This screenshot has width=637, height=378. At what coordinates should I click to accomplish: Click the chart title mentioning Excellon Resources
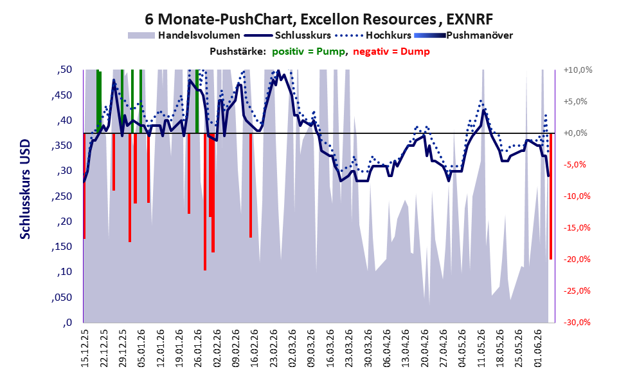(319, 19)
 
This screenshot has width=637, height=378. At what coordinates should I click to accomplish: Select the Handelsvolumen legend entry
(184, 35)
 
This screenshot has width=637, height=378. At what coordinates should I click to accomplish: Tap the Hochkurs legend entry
(373, 35)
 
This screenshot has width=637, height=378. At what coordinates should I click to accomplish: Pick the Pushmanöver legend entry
(463, 35)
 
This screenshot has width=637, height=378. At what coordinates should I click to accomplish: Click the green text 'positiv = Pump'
(309, 52)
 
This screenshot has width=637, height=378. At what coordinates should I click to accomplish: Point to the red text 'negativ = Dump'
(391, 52)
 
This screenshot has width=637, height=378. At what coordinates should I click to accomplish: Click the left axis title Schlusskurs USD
(25, 189)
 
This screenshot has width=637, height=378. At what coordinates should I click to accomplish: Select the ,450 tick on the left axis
(62, 95)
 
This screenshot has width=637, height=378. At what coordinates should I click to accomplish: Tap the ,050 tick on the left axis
(62, 298)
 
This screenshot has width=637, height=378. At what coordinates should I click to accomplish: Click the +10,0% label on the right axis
(578, 70)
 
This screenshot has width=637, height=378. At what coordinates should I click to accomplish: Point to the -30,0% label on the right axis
(577, 322)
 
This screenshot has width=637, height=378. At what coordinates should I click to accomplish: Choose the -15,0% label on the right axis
(577, 228)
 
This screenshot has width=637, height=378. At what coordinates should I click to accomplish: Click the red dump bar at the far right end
(551, 196)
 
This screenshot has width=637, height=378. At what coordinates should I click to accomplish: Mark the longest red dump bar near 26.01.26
(205, 202)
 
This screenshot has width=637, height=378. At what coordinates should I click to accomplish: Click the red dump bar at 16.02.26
(251, 185)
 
